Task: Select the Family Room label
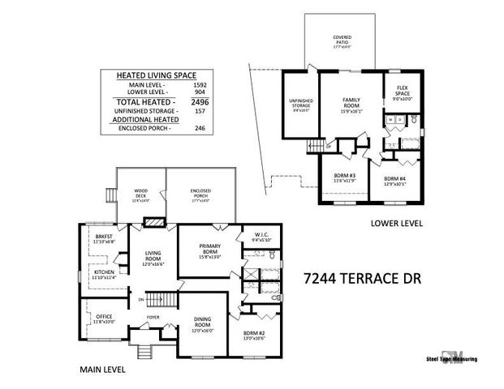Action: coord(351,103)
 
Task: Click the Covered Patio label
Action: coord(341,40)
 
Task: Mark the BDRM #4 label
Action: coord(395,180)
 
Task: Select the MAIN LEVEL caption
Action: coord(101,370)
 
